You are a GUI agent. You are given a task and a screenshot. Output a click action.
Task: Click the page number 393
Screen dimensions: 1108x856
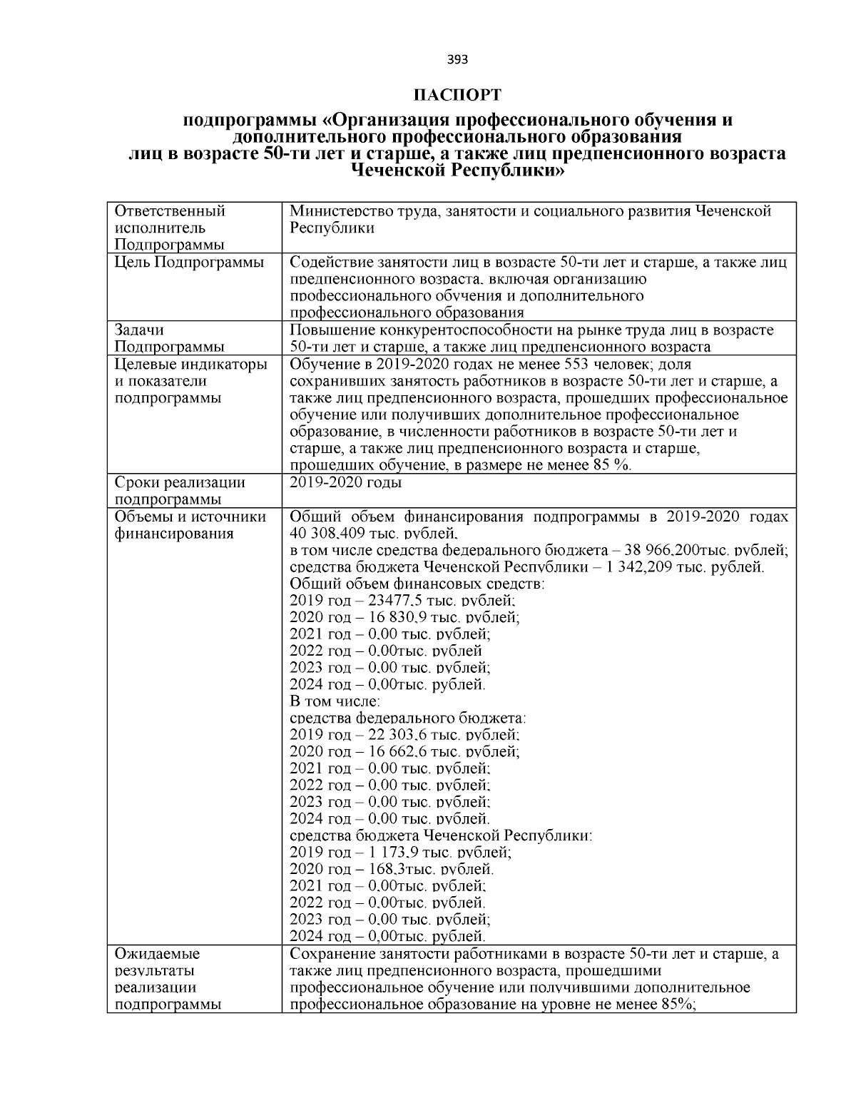[457, 60]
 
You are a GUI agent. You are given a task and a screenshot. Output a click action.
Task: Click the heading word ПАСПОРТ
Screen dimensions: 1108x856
[457, 95]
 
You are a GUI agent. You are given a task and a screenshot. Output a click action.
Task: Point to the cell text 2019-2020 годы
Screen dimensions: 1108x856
[345, 483]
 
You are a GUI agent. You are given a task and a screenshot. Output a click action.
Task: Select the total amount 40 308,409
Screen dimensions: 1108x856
[330, 534]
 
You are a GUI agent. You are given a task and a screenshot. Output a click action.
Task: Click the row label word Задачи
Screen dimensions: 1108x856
[139, 330]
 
